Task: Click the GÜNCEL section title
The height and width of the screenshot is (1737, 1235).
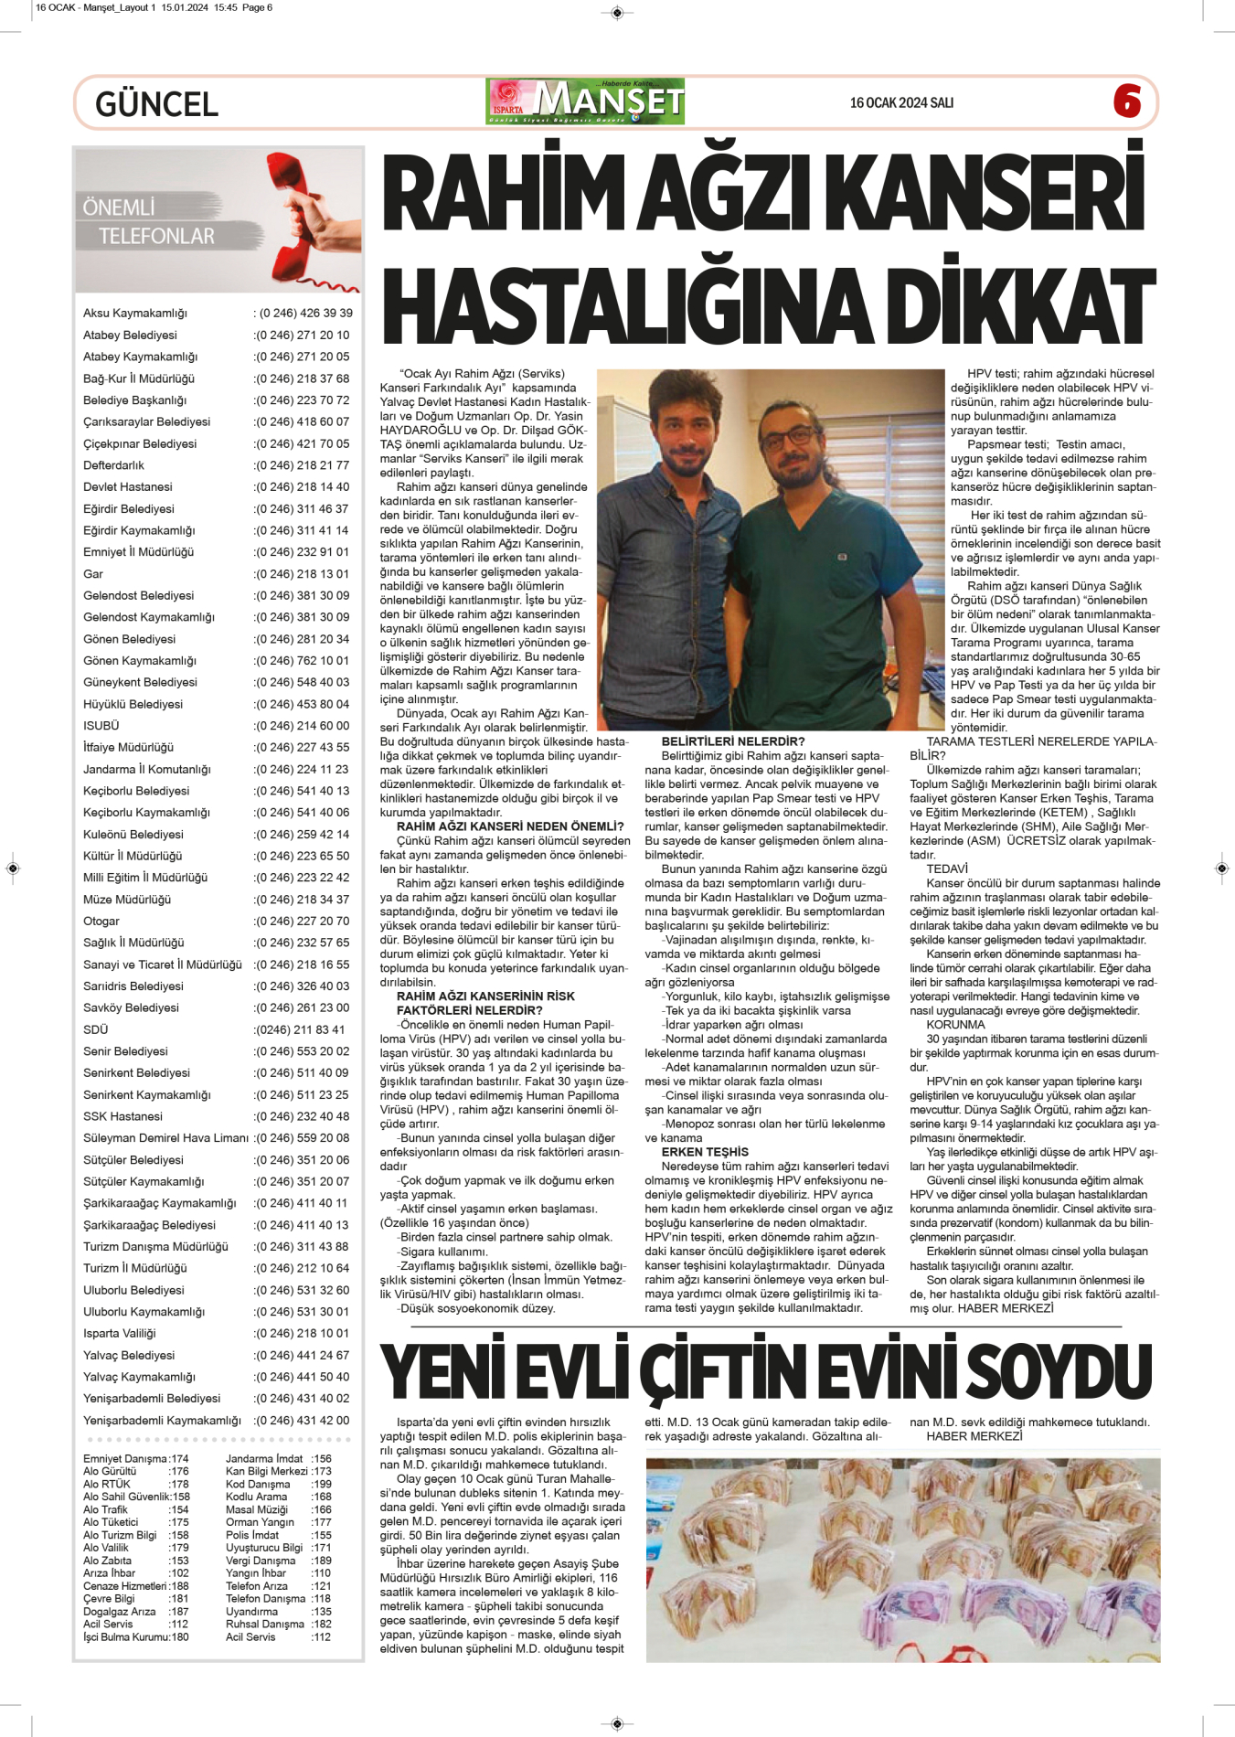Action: (x=156, y=103)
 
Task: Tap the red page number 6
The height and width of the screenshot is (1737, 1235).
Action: (x=1127, y=101)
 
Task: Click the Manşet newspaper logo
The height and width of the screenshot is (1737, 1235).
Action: (x=586, y=101)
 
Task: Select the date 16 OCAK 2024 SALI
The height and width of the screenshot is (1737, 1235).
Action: (x=901, y=102)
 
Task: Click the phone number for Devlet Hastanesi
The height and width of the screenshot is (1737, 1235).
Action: (x=302, y=487)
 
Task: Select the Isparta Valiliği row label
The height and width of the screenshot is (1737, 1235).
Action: (x=120, y=1333)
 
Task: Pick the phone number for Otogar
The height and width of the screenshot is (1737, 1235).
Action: (x=302, y=921)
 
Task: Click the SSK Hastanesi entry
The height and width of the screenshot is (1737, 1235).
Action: (x=122, y=1116)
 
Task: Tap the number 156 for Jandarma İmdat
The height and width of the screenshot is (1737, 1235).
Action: (x=321, y=1459)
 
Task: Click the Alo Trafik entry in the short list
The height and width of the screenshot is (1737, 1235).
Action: (x=105, y=1510)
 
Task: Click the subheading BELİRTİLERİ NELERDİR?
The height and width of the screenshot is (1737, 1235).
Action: (x=733, y=741)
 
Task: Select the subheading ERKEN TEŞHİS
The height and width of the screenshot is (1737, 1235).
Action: (x=705, y=1152)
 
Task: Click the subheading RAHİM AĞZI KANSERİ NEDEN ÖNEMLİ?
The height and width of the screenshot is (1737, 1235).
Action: (x=509, y=826)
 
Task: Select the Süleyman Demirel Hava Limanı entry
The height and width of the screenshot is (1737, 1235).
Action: (x=165, y=1138)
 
